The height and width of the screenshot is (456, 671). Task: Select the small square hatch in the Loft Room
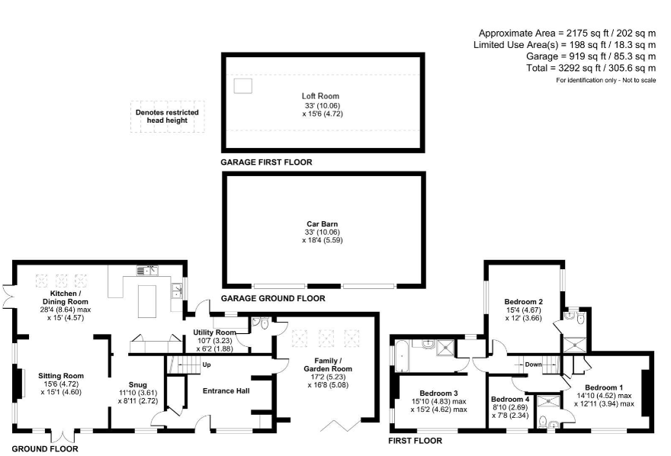coord(242,85)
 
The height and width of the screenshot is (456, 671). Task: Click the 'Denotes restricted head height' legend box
coord(167,117)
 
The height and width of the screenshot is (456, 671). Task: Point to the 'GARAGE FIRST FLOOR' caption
coord(266,162)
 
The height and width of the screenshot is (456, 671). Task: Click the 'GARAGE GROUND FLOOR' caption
coord(272,298)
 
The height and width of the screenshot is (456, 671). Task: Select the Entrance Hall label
coord(226,391)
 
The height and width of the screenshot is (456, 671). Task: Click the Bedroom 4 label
coord(510,399)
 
